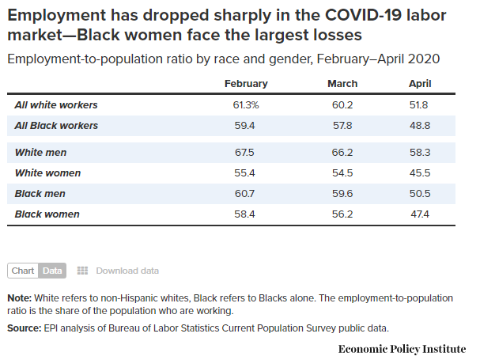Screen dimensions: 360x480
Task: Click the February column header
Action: pyautogui.click(x=246, y=84)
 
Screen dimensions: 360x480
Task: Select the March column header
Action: pyautogui.click(x=342, y=84)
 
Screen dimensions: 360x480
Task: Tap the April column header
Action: pyautogui.click(x=420, y=84)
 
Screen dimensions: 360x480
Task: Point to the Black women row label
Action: pyautogui.click(x=47, y=214)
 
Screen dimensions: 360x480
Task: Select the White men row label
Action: pyautogui.click(x=41, y=152)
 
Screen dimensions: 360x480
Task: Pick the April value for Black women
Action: pyautogui.click(x=420, y=214)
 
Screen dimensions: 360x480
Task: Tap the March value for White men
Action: pyautogui.click(x=342, y=152)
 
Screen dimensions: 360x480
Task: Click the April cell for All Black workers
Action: pyautogui.click(x=420, y=125)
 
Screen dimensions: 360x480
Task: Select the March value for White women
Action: pyautogui.click(x=342, y=172)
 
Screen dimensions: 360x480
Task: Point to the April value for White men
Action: pyautogui.click(x=420, y=152)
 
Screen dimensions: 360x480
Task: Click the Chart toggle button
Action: pyautogui.click(x=23, y=271)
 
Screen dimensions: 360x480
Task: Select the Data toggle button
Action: pyautogui.click(x=52, y=271)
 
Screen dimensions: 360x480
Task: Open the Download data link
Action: pyautogui.click(x=127, y=271)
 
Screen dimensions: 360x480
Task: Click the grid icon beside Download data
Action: pyautogui.click(x=82, y=271)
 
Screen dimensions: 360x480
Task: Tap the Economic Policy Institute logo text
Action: pyautogui.click(x=402, y=348)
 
